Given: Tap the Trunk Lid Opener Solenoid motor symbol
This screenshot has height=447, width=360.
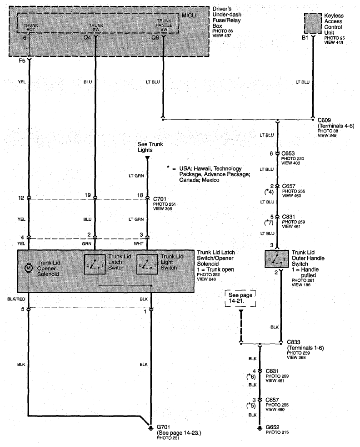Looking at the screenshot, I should [28, 268].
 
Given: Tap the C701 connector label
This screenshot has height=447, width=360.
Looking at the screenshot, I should [160, 199].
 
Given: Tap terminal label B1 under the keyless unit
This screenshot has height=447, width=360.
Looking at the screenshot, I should [305, 38].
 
